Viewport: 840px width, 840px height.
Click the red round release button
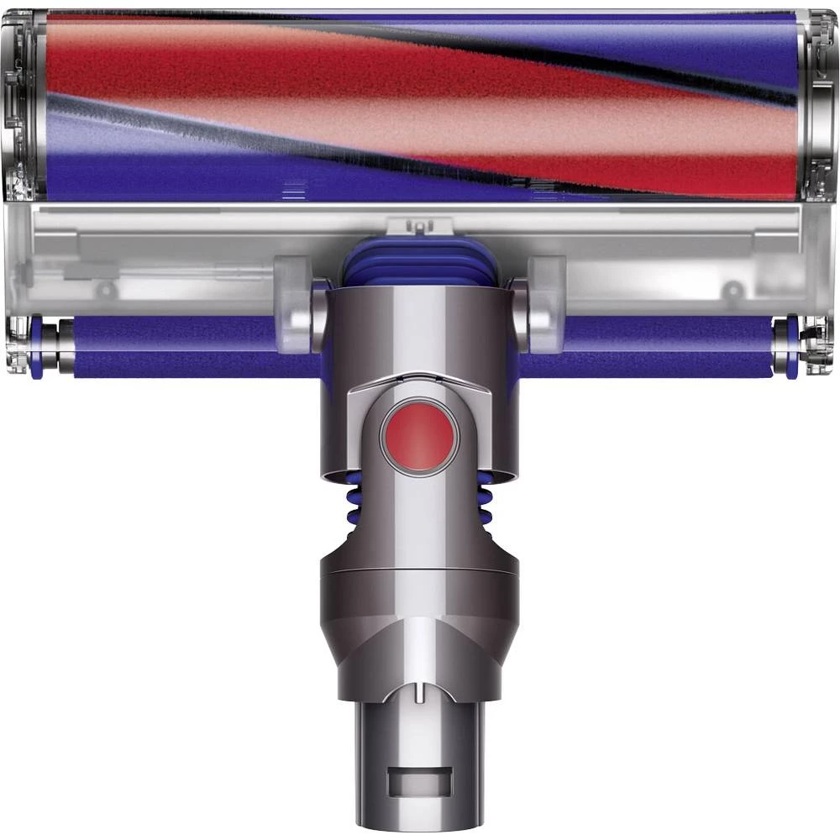pyautogui.click(x=420, y=438)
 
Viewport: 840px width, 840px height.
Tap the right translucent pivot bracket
pyautogui.click(x=544, y=302)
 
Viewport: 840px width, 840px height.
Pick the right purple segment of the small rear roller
pyautogui.click(x=655, y=347)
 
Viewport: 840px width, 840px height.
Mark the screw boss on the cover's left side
pyautogui.click(x=106, y=290)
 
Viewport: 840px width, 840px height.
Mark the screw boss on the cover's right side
pyautogui.click(x=733, y=290)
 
